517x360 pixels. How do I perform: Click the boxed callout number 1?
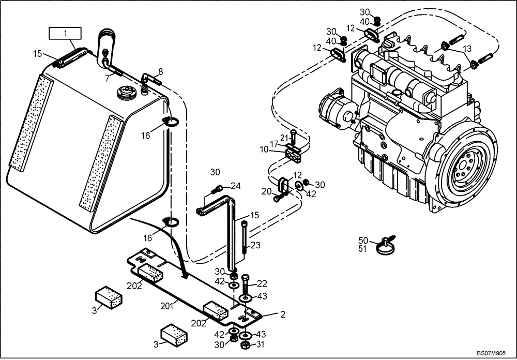click(x=65, y=34)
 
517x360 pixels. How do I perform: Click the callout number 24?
click(x=236, y=186)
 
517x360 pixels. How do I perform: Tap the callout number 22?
click(x=262, y=283)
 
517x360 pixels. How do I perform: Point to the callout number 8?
click(x=160, y=71)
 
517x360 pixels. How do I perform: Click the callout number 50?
click(x=363, y=241)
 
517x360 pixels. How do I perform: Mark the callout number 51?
click(x=363, y=249)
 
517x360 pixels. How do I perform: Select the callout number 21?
click(x=283, y=137)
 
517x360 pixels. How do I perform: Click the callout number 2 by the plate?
click(x=283, y=314)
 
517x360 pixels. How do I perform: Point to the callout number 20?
click(x=266, y=191)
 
